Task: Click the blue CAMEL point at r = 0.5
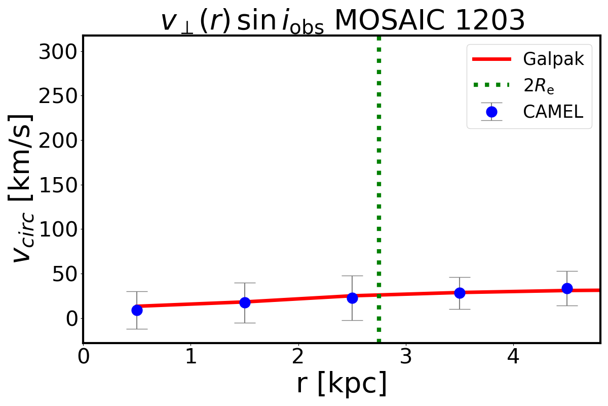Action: pos(137,310)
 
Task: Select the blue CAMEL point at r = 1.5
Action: pos(245,302)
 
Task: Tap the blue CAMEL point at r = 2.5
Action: pos(352,298)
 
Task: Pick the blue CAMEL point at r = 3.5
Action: pos(460,293)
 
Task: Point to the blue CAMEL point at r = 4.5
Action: pos(567,288)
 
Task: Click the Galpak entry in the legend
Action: pos(553,59)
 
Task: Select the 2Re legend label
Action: pos(539,86)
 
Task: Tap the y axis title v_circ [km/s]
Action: pos(22,188)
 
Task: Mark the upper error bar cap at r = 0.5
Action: pos(137,291)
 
